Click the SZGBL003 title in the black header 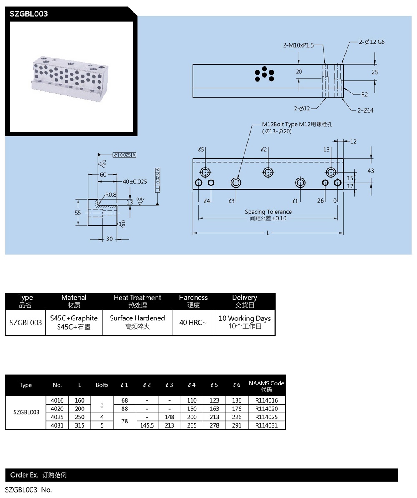29,14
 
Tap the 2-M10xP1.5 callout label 298,45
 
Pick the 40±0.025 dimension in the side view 135,181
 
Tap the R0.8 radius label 111,194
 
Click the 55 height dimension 78,213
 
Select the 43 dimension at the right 371,170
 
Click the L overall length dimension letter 268,233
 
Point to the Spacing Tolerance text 268,212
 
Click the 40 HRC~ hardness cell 193,322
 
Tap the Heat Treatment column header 137,298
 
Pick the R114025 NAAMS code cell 266,417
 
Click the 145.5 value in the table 147,425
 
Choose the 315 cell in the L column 80,425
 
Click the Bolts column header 102,385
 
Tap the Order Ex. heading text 24,475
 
